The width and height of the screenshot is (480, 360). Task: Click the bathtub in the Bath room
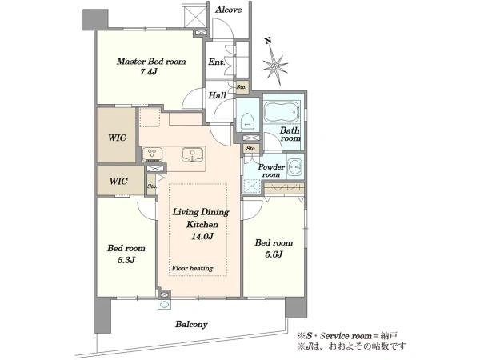(282, 112)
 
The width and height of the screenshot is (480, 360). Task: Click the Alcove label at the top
(228, 10)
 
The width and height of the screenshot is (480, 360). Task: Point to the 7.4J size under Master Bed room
(149, 72)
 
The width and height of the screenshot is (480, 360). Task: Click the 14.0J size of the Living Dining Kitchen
(202, 236)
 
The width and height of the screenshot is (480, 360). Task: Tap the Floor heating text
(192, 269)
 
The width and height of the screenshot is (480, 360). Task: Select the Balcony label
(191, 325)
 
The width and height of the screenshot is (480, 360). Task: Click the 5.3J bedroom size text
(126, 260)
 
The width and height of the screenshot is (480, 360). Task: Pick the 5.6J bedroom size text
(274, 254)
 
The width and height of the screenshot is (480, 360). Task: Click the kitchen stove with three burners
(152, 154)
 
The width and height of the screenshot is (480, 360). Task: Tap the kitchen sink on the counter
(192, 154)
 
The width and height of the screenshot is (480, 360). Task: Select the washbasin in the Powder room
(295, 167)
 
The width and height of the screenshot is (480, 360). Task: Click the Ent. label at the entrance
(217, 62)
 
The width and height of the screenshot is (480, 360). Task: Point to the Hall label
(217, 95)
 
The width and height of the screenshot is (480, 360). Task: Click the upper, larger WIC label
(117, 138)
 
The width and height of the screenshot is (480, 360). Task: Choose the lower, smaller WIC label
(118, 182)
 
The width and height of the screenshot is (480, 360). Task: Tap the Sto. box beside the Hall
(242, 87)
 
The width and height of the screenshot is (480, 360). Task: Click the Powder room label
(271, 171)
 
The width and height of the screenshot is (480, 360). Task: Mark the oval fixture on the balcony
(164, 305)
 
